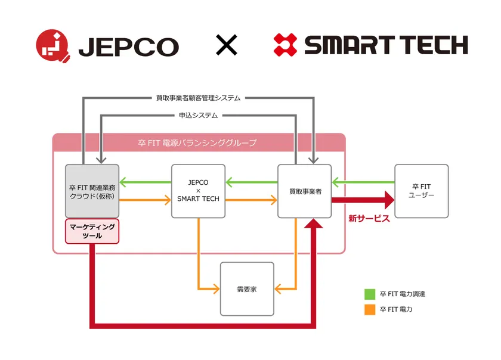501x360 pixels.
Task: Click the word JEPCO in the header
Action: (128, 47)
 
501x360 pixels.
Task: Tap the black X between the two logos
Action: (226, 45)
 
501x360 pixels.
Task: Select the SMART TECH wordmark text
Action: (386, 45)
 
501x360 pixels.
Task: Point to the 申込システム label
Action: (198, 115)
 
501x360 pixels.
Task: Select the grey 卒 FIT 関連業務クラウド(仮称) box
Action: (92, 191)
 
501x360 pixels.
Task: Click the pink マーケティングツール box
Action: (92, 231)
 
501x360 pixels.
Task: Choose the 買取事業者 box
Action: (304, 191)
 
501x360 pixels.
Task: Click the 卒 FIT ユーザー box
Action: (421, 191)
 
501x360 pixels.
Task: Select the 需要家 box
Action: (247, 288)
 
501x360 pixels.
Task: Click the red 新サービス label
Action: (369, 219)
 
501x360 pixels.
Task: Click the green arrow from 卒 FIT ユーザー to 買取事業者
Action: (363, 182)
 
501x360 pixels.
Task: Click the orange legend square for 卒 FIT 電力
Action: (370, 309)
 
